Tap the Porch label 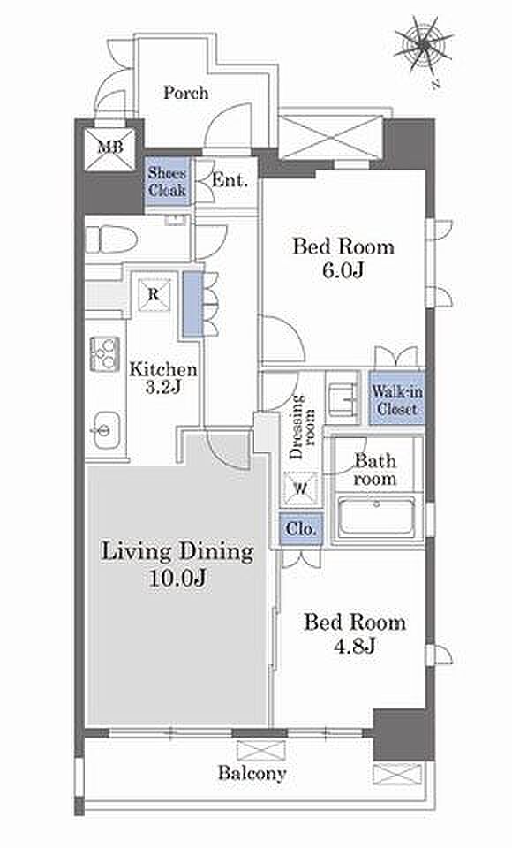tap(186, 93)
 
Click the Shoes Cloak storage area tap(168, 182)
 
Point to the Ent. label tap(230, 180)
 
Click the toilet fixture tap(111, 239)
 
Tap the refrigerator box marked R tap(154, 295)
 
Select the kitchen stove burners tap(104, 353)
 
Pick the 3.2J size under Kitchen tap(162, 388)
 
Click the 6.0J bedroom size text tap(343, 269)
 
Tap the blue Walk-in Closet tap(397, 398)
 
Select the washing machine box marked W tap(300, 488)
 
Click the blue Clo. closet tap(301, 528)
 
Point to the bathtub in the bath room tap(376, 517)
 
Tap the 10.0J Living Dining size tap(177, 579)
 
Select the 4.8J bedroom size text tap(355, 645)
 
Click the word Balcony tap(252, 774)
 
